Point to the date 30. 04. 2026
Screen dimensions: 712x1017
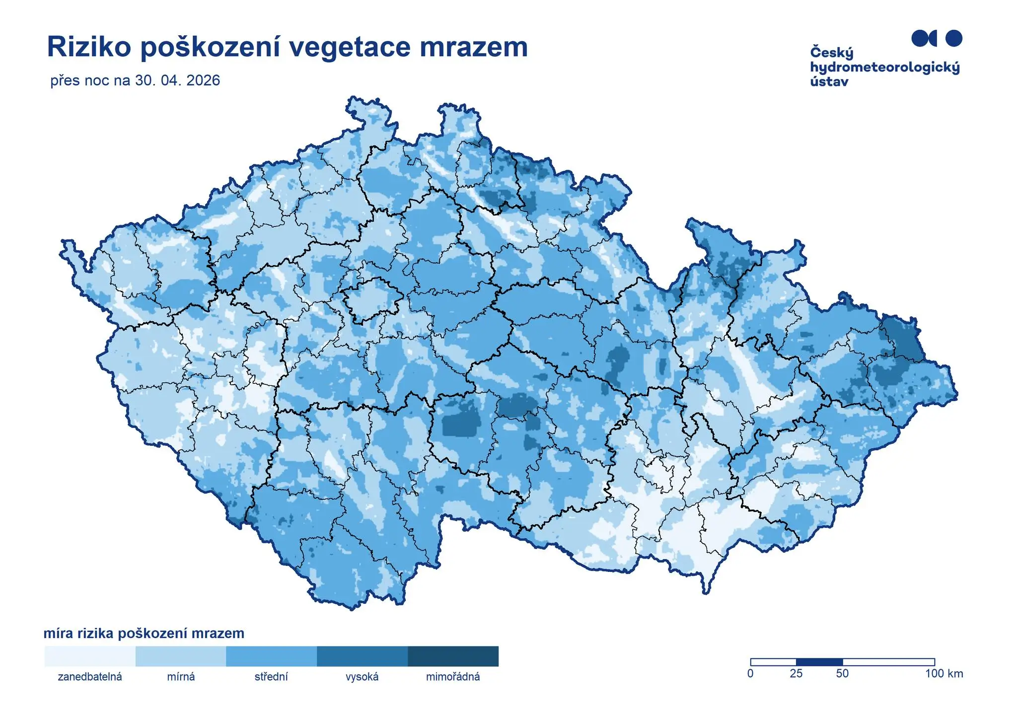click(177, 80)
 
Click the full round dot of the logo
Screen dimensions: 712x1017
click(953, 38)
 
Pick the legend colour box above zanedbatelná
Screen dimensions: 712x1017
click(89, 656)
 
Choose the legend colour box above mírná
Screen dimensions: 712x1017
click(181, 656)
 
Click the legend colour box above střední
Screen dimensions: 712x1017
click(271, 656)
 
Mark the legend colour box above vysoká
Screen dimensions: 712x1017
click(362, 656)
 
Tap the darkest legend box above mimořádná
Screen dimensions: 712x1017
click(453, 656)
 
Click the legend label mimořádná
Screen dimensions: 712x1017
click(453, 677)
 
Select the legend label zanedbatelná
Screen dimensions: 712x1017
click(90, 677)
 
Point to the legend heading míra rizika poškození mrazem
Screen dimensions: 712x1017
click(144, 634)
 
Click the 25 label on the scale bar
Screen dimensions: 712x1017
click(796, 674)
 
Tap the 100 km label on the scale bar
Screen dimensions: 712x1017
click(944, 674)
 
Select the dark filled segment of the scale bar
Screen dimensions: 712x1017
click(819, 662)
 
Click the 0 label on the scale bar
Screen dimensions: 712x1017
click(750, 674)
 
